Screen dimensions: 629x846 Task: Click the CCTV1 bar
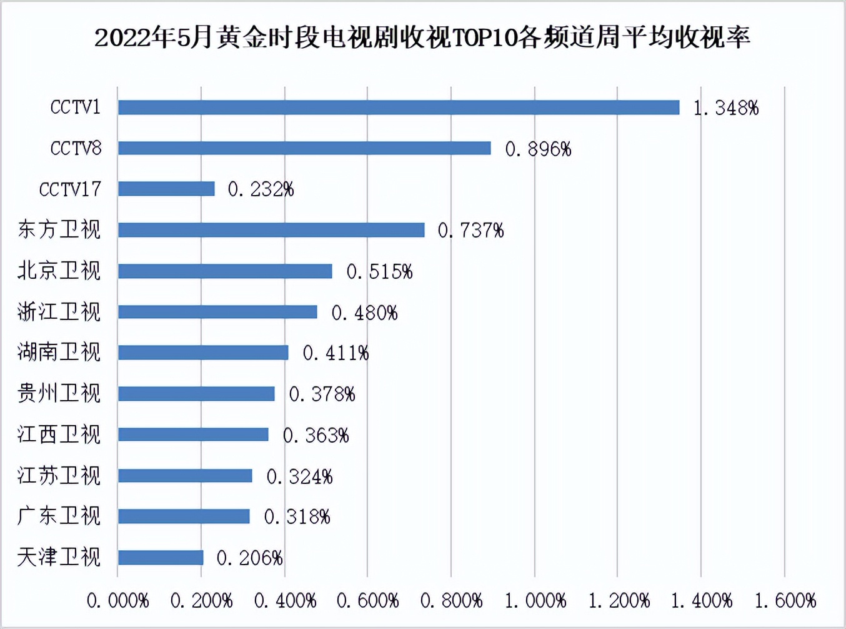[x=399, y=108]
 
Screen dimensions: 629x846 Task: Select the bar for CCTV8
[x=304, y=148]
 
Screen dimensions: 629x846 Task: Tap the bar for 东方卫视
[x=271, y=230]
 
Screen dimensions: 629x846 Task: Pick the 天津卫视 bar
[x=161, y=557]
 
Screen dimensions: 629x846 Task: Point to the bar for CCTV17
[x=166, y=189]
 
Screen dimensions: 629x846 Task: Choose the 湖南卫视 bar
[x=203, y=353]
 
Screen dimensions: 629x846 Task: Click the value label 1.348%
[x=726, y=108]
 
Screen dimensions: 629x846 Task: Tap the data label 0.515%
[x=379, y=271]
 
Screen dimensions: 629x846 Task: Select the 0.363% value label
[x=316, y=435]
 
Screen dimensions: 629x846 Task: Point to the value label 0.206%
[x=249, y=558]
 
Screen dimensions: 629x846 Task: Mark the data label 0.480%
[x=364, y=313]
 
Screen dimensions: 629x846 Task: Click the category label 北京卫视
[x=59, y=271]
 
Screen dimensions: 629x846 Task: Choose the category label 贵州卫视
[x=59, y=393]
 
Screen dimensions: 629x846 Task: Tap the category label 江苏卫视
[x=59, y=476]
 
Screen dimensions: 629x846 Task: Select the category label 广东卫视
[x=59, y=516]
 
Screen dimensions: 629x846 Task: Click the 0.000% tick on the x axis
[x=117, y=601]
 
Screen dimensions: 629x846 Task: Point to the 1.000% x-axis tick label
[x=535, y=601]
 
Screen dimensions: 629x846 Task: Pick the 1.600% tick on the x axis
[x=785, y=601]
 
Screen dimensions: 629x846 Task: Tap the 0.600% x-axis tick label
[x=367, y=601]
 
